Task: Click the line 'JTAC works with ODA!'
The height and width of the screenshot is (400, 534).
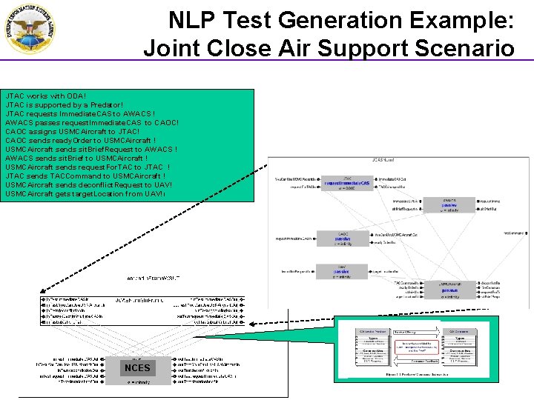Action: [46, 96]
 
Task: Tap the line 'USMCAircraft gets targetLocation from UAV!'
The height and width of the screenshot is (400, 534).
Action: [85, 194]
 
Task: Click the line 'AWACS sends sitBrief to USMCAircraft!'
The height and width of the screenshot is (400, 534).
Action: [76, 159]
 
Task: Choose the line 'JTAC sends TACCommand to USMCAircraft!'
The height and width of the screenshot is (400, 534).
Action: [85, 176]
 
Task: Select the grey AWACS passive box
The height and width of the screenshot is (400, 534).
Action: [449, 205]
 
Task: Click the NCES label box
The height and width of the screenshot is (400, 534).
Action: [138, 367]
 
